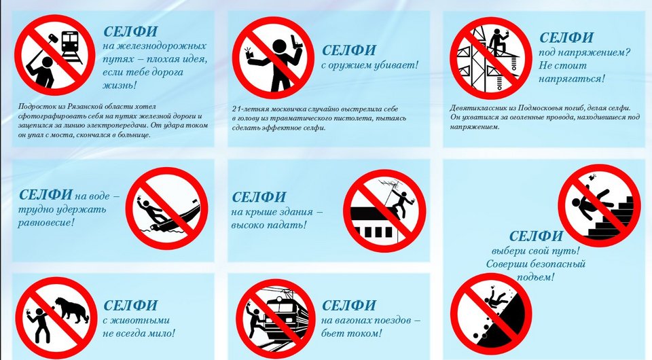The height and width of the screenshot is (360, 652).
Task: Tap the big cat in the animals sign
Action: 72,310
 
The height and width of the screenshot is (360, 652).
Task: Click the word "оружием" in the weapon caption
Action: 356,65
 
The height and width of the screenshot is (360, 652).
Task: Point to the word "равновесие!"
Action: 46,222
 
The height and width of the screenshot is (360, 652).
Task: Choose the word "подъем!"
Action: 536,277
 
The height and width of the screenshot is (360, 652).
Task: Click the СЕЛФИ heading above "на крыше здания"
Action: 259,197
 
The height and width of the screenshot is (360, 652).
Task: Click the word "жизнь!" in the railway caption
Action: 120,86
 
